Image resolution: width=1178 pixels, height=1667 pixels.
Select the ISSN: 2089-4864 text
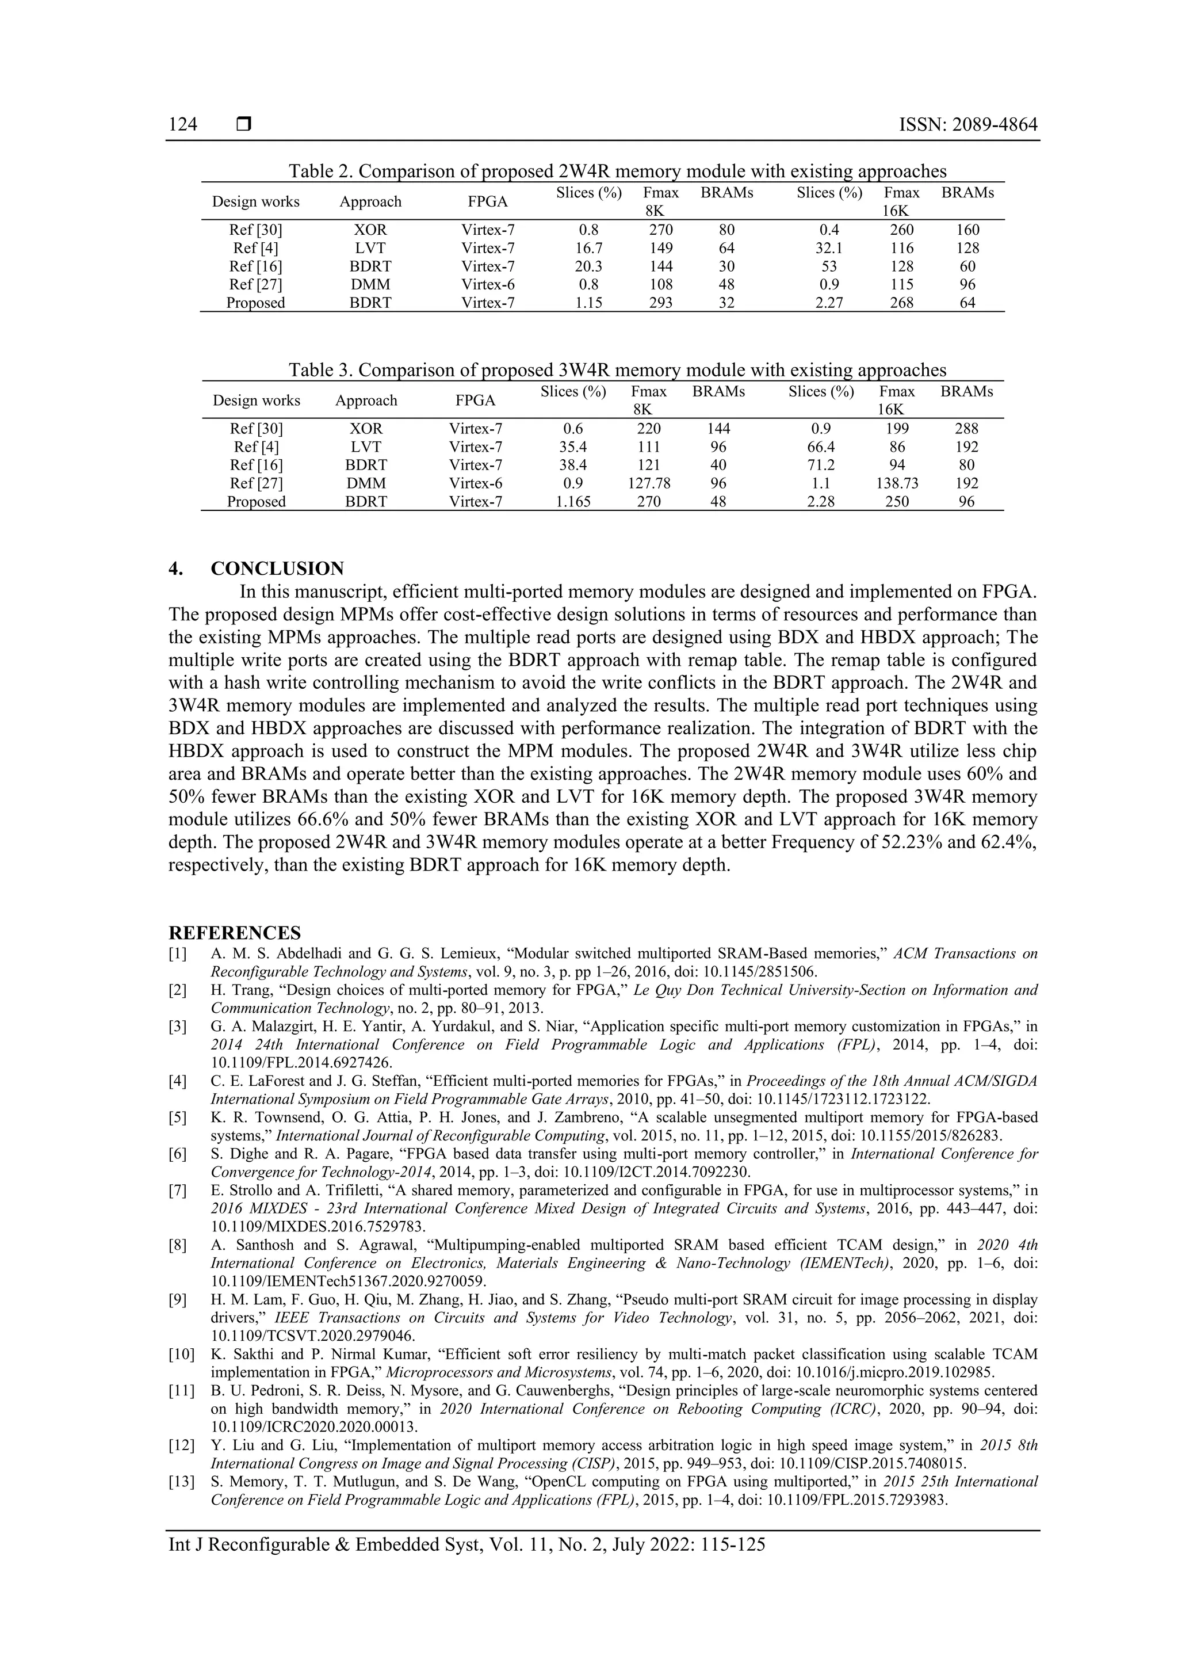(x=967, y=125)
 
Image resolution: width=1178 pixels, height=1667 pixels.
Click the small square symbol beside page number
(x=244, y=125)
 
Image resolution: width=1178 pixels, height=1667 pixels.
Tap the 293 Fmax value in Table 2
(x=660, y=303)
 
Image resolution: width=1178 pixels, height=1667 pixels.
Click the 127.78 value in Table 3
(x=648, y=483)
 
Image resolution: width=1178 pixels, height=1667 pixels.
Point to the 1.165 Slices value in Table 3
(x=573, y=501)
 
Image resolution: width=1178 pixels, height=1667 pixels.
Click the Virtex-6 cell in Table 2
(x=488, y=285)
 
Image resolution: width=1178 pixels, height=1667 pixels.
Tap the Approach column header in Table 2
(x=370, y=202)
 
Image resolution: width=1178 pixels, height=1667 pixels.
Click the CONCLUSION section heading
(x=277, y=569)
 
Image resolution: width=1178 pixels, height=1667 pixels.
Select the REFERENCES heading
(x=235, y=933)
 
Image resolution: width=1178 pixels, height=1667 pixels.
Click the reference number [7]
(x=178, y=1191)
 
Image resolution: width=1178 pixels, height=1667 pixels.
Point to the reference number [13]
(x=181, y=1482)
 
